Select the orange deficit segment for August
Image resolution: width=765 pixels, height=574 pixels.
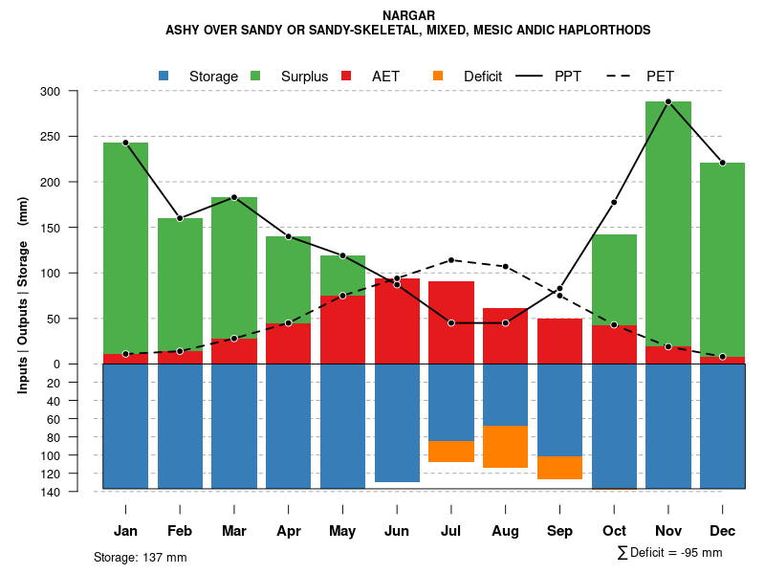pos(505,447)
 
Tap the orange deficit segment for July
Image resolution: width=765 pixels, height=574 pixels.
pos(450,452)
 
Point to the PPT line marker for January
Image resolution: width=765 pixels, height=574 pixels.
pos(125,143)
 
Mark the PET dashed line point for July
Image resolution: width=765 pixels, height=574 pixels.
pos(450,260)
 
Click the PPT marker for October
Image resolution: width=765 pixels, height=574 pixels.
pos(614,203)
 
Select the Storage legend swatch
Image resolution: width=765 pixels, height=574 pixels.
pos(164,76)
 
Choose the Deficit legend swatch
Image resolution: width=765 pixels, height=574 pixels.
pos(438,76)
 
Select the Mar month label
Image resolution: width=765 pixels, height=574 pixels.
pos(234,531)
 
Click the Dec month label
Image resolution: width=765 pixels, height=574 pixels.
pos(723,531)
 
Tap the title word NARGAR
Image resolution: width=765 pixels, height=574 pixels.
pos(408,15)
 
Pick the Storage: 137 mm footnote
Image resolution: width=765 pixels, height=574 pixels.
pos(141,557)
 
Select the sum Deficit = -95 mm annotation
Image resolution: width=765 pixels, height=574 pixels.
pos(670,552)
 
